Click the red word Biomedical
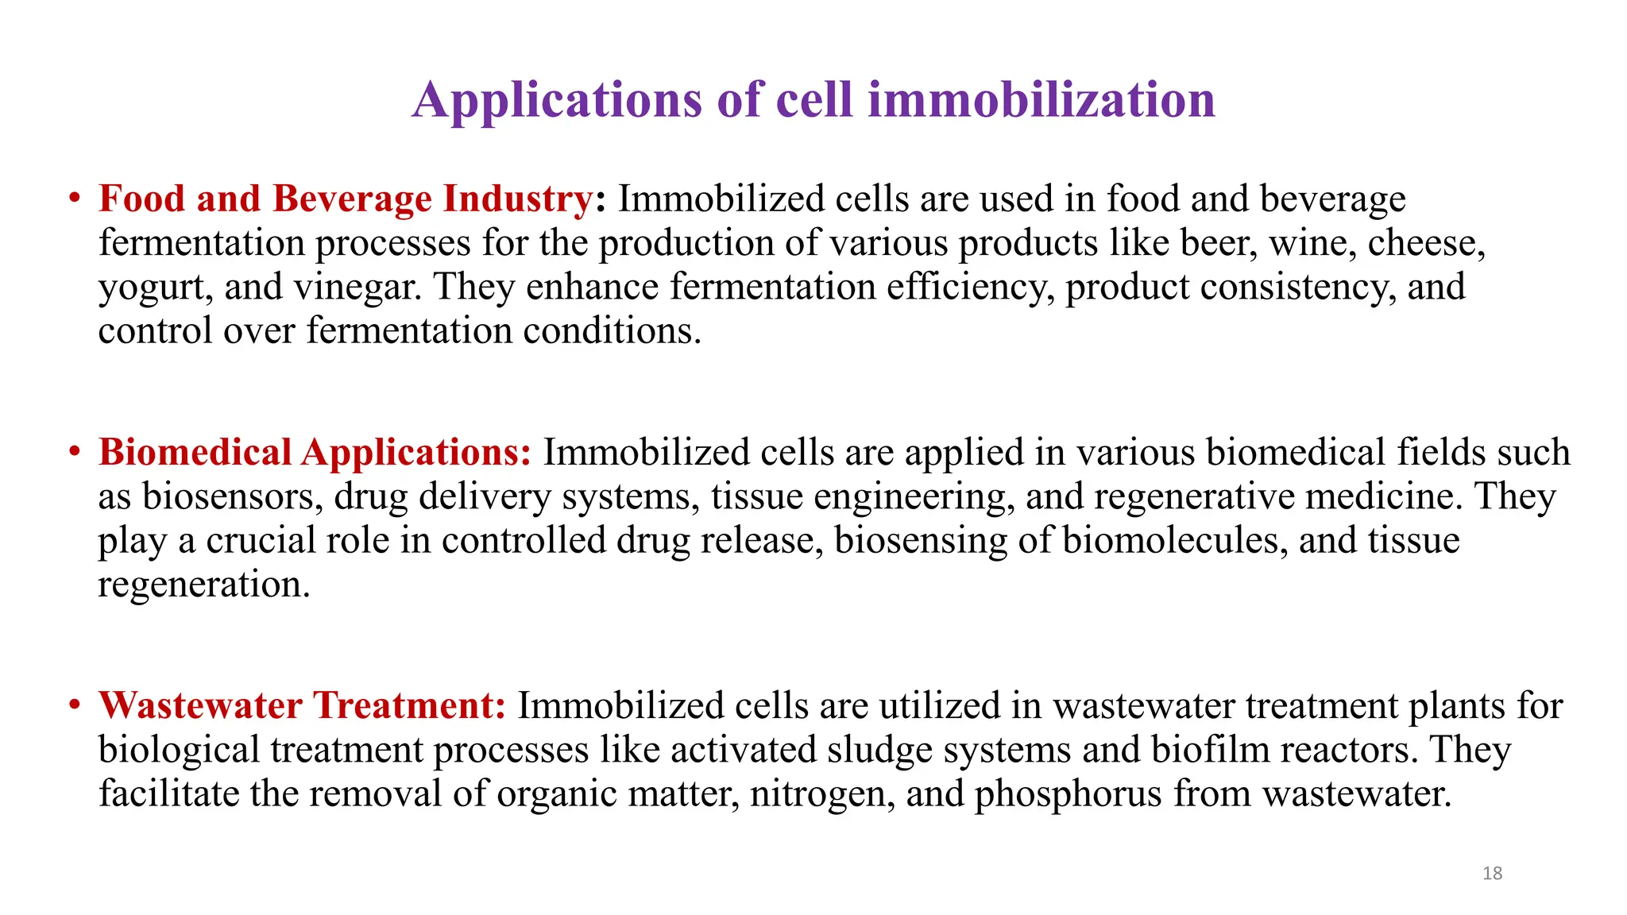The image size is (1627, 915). click(x=195, y=452)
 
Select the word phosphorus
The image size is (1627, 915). click(x=1068, y=794)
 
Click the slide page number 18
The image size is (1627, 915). click(x=1492, y=874)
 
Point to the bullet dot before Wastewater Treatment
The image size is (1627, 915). click(x=75, y=705)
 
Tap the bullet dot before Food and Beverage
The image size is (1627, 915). click(x=75, y=198)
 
